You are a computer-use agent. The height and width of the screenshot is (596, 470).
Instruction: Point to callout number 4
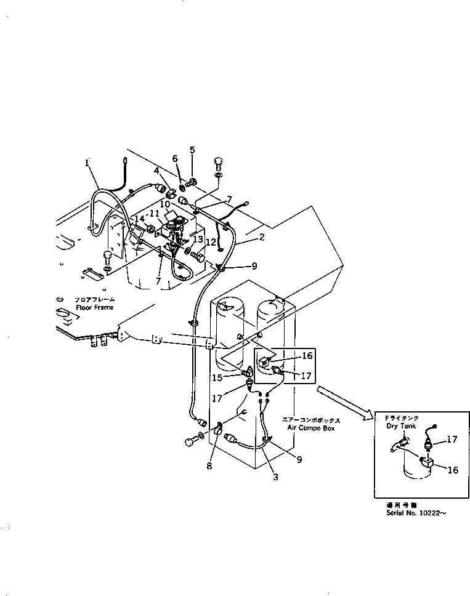point(157,171)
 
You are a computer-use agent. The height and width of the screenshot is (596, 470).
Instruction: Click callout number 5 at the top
point(192,150)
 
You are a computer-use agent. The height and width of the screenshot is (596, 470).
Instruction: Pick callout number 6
point(175,158)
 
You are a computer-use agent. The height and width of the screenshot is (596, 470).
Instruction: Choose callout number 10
point(166,204)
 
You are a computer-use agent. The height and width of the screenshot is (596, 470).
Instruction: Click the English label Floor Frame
point(95,307)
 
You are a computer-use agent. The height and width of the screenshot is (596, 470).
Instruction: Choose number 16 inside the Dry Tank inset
point(453,470)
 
